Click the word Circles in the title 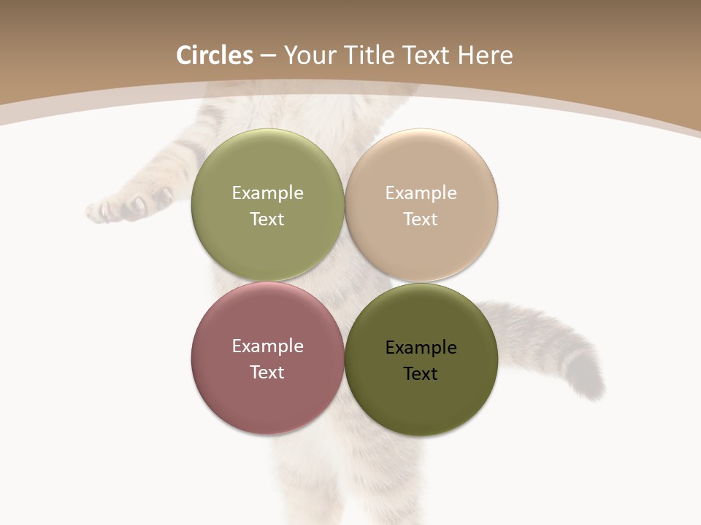point(214,55)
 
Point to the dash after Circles point(268,56)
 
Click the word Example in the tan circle point(421,193)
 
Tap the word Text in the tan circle point(421,219)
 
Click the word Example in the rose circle point(267,346)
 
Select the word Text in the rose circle point(267,373)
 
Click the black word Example point(421,348)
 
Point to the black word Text point(421,374)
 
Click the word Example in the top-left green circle point(267,193)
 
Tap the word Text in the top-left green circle point(267,219)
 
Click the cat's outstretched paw point(120,206)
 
